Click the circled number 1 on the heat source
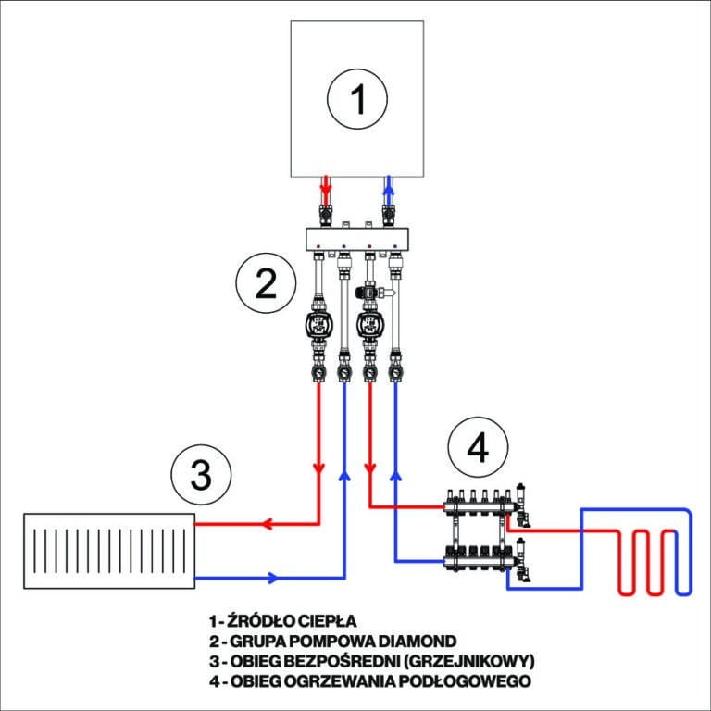click(358, 99)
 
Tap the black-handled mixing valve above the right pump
click(368, 290)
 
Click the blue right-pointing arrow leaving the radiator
click(271, 579)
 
